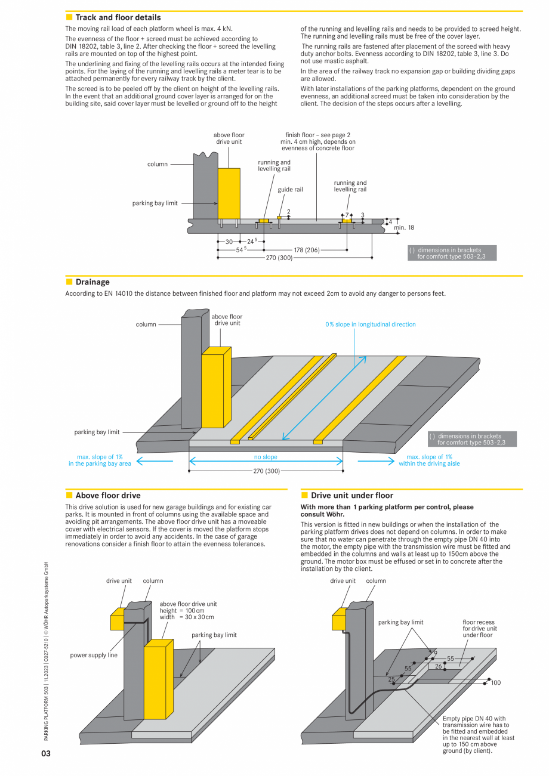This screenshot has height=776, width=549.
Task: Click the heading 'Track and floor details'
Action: (118, 18)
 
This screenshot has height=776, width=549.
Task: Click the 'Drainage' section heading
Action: (92, 282)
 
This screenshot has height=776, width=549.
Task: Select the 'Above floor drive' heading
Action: (107, 496)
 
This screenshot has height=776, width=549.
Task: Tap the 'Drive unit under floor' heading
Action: (351, 496)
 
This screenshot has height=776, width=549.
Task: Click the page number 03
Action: (46, 754)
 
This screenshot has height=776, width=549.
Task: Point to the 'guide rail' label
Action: (290, 190)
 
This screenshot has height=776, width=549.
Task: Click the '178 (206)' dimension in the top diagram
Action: (307, 250)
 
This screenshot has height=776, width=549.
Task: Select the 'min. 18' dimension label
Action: (404, 228)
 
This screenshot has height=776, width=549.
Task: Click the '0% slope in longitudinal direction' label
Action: (370, 324)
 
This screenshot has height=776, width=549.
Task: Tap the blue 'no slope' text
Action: (266, 457)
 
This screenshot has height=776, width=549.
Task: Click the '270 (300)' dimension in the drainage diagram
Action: (266, 471)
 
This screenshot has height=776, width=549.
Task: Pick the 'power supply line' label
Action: (94, 656)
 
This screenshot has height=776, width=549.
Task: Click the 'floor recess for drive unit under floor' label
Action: (480, 629)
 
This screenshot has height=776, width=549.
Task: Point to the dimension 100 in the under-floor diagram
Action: (496, 683)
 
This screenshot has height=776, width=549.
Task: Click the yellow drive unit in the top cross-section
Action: (229, 193)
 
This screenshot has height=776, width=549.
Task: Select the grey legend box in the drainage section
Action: (472, 439)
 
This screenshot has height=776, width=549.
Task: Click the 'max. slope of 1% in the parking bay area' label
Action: (100, 460)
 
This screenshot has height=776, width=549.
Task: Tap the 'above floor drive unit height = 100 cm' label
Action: (188, 610)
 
